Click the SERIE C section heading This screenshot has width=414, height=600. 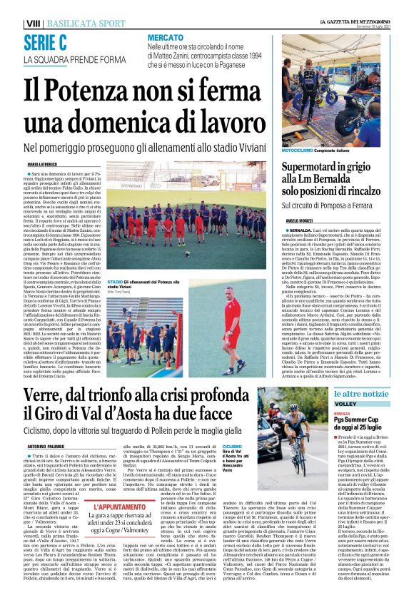(x=46, y=42)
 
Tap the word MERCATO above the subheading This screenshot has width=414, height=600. (x=163, y=37)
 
